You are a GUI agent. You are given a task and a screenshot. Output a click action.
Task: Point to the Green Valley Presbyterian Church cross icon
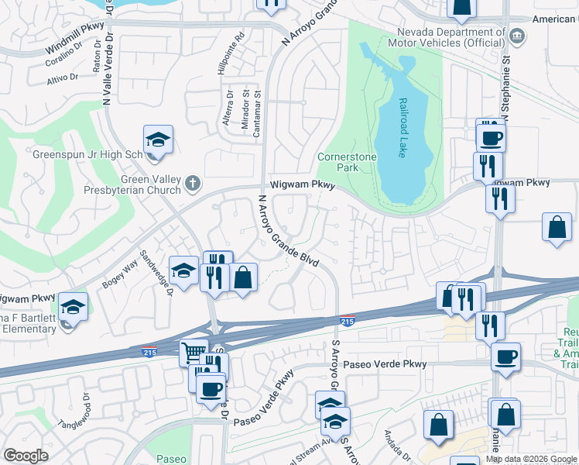coord(193,182)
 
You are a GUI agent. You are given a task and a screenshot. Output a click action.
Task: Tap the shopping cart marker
coord(194,353)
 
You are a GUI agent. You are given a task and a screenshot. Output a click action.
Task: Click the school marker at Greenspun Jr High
coord(158,139)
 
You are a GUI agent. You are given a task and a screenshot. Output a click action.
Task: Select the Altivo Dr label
coord(63,78)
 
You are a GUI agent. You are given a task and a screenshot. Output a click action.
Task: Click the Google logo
coord(26,456)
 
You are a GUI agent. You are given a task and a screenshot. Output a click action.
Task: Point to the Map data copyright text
coord(532,459)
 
